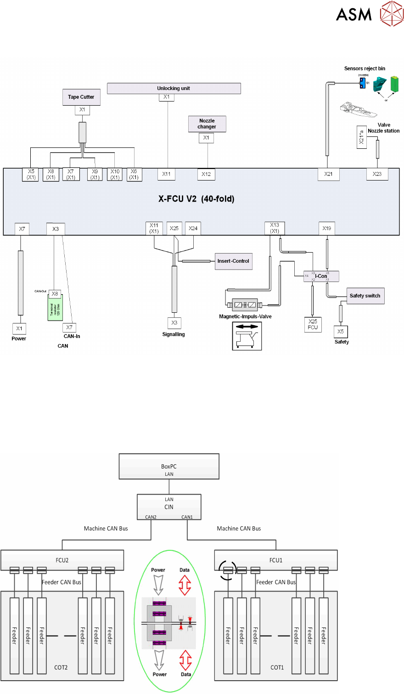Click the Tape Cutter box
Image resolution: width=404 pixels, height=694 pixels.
pyautogui.click(x=81, y=97)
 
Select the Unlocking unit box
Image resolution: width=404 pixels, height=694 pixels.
pyautogui.click(x=174, y=88)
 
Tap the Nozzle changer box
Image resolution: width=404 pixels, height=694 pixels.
pyautogui.click(x=207, y=124)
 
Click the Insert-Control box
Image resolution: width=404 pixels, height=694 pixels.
pyautogui.click(x=233, y=261)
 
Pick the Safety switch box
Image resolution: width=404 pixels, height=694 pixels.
pyautogui.click(x=365, y=296)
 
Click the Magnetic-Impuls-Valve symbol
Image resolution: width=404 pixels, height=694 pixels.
pyautogui.click(x=245, y=305)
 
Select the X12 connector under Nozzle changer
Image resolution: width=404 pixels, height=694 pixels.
pyautogui.click(x=206, y=174)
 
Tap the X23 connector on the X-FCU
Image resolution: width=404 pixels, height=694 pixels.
pyautogui.click(x=377, y=174)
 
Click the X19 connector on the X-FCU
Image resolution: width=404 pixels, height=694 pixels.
pyautogui.click(x=326, y=228)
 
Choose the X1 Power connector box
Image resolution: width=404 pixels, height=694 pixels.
pyautogui.click(x=19, y=328)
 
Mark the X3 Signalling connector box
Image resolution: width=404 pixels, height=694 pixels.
pyautogui.click(x=174, y=323)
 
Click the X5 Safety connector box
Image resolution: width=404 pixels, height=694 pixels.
pyautogui.click(x=341, y=332)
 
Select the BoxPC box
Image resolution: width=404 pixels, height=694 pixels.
pyautogui.click(x=169, y=467)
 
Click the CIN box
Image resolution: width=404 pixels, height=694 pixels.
pyautogui.click(x=169, y=507)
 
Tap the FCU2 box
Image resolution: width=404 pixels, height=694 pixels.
pyautogui.click(x=62, y=560)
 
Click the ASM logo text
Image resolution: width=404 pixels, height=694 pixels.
pyautogui.click(x=353, y=15)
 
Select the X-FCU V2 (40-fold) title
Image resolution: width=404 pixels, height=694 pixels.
pyautogui.click(x=196, y=199)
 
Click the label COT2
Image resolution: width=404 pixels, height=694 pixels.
pyautogui.click(x=61, y=667)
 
